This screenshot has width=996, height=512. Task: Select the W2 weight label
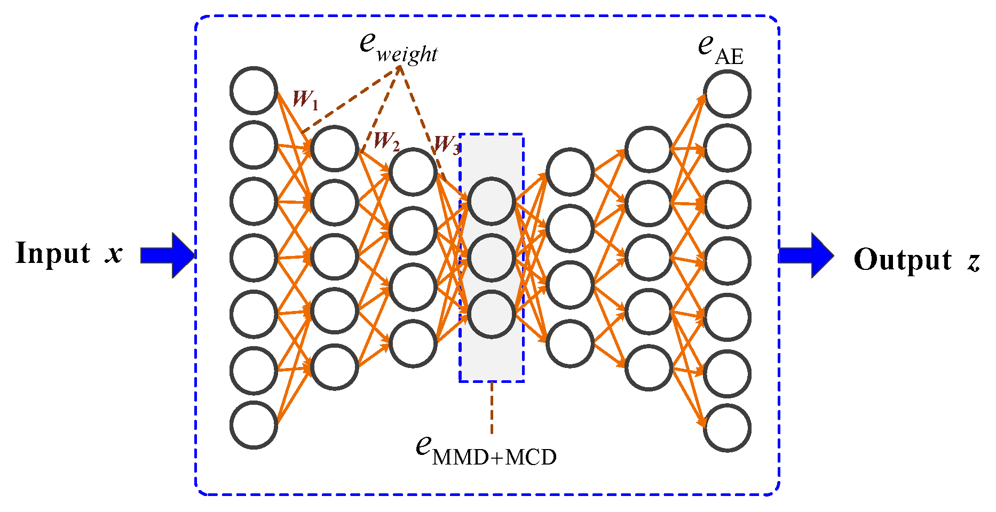click(x=386, y=141)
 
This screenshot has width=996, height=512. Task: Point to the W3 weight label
click(x=446, y=145)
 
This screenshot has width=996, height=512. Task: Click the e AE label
click(x=720, y=50)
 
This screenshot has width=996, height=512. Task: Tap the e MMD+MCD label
click(x=486, y=451)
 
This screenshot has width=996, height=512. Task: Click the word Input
click(x=53, y=253)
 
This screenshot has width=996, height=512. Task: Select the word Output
click(x=903, y=260)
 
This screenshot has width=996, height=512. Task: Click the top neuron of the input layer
click(x=254, y=91)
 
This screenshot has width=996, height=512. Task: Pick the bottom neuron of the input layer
click(x=254, y=425)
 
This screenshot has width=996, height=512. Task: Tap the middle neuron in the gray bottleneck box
click(x=491, y=258)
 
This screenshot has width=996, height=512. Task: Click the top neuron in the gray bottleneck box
click(x=491, y=201)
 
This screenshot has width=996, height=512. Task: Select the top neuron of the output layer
click(x=727, y=94)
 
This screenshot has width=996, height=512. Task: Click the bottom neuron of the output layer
click(x=727, y=428)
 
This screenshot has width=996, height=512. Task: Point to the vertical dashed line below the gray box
click(x=492, y=408)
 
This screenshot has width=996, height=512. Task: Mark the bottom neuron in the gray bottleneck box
click(x=491, y=314)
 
